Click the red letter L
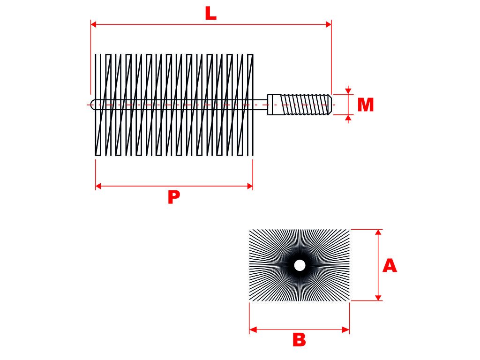(211, 14)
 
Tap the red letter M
(365, 105)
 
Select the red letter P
(173, 197)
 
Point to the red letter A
(390, 266)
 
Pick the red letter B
(299, 340)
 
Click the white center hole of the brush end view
(300, 265)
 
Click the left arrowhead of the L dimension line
(93, 24)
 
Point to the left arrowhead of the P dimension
(98, 186)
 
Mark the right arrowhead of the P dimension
(250, 186)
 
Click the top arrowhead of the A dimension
(379, 232)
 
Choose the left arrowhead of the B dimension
(253, 330)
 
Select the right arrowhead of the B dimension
(346, 330)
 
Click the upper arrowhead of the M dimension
(348, 90)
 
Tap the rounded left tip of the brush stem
(92, 105)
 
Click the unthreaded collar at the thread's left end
(274, 105)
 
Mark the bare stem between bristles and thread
(260, 105)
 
